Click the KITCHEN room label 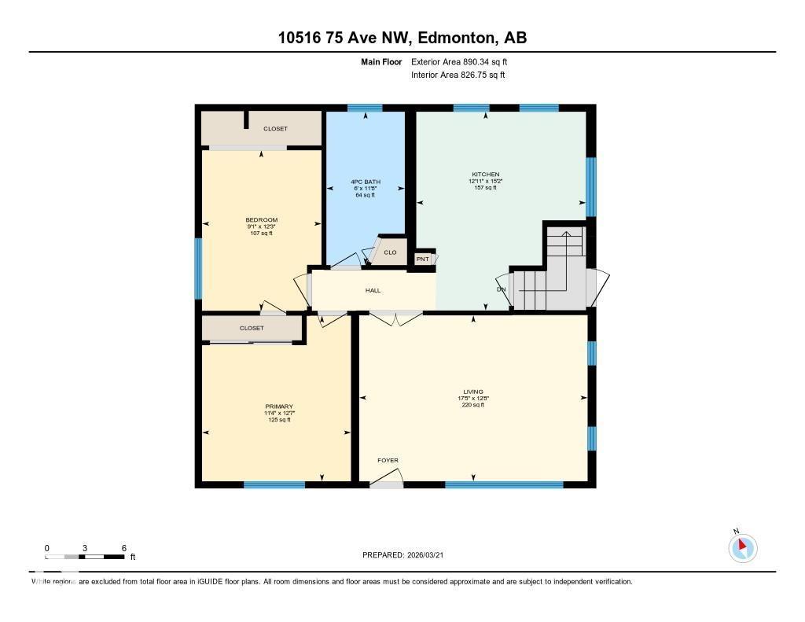485,175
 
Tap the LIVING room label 472,392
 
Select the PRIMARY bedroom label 278,407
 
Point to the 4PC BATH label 365,182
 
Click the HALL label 373,290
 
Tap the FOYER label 388,461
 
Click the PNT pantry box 423,259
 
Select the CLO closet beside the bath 390,252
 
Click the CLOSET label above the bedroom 275,128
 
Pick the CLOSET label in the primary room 252,328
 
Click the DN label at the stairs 501,289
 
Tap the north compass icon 742,547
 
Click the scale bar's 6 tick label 123,547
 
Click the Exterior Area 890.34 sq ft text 464,61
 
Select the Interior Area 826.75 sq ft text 458,75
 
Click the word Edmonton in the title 456,38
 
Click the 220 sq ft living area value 472,405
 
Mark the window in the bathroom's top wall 365,108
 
